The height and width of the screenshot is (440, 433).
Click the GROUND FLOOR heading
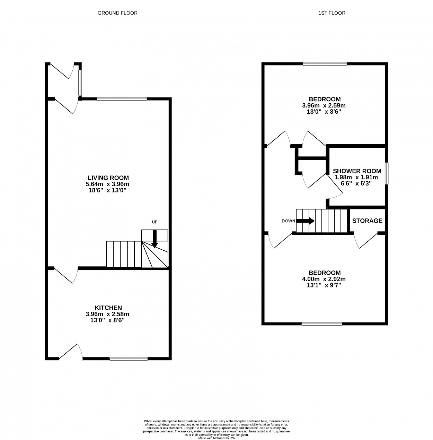pyautogui.click(x=117, y=13)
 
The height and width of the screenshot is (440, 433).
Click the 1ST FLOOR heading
pyautogui.click(x=332, y=13)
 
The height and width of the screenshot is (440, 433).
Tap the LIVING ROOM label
pyautogui.click(x=108, y=178)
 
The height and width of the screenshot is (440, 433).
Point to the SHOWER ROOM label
pyautogui.click(x=357, y=171)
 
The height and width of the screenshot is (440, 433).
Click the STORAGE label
pyautogui.click(x=367, y=221)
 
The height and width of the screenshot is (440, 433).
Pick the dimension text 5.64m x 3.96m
pyautogui.click(x=107, y=184)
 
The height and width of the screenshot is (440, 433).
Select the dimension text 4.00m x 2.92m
pyautogui.click(x=324, y=279)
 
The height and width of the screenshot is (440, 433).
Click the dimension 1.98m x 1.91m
pyautogui.click(x=356, y=177)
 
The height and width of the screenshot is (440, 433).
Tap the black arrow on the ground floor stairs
pyautogui.click(x=155, y=239)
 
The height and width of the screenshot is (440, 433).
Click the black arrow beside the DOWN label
pyautogui.click(x=306, y=221)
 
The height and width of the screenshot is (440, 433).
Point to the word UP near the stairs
pyautogui.click(x=155, y=222)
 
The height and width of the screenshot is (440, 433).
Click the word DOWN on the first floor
pyautogui.click(x=288, y=221)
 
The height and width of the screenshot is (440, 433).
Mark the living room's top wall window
pyautogui.click(x=122, y=98)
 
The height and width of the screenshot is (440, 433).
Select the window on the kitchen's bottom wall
pyautogui.click(x=129, y=359)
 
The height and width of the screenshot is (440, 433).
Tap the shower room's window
pyautogui.click(x=387, y=173)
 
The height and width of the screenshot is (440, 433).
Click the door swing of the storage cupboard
pyautogui.click(x=366, y=240)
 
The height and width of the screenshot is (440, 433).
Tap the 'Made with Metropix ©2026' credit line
pyautogui.click(x=216, y=438)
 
